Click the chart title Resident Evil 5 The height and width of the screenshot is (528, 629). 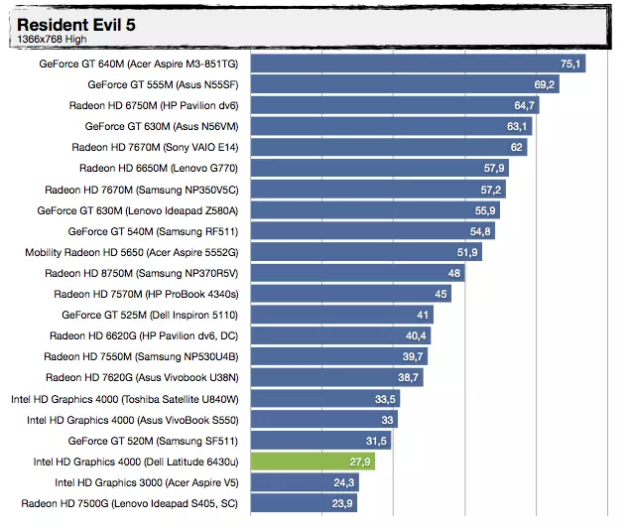click(x=76, y=24)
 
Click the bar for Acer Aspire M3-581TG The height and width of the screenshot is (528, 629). click(x=417, y=64)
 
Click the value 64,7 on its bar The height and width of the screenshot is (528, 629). click(x=525, y=105)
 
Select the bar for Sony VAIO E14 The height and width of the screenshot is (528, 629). click(x=390, y=147)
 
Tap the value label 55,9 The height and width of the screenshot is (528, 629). click(x=485, y=210)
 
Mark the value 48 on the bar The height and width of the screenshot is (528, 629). click(x=454, y=273)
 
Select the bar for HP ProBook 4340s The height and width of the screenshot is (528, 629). click(x=351, y=294)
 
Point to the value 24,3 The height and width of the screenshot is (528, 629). click(x=343, y=482)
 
